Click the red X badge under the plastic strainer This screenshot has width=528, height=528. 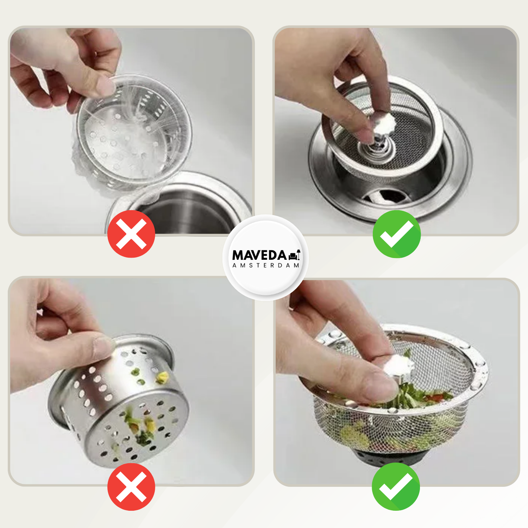[131, 234]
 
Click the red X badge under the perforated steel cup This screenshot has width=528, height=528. [131, 487]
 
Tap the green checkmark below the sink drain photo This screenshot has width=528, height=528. [397, 234]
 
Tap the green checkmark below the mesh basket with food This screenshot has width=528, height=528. [396, 486]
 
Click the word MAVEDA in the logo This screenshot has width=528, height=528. [259, 255]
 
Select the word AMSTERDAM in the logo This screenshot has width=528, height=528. [266, 265]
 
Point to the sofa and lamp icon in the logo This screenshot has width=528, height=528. [294, 255]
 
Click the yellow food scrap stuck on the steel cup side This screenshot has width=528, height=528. [162, 378]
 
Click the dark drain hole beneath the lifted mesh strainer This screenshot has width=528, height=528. [387, 195]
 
